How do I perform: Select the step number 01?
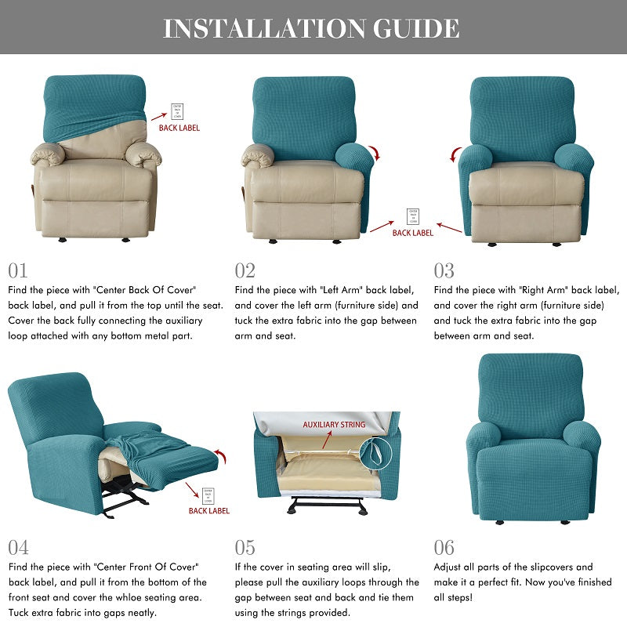point(18,270)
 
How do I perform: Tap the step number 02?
point(245,270)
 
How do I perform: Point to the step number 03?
point(444,270)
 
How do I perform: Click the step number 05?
point(245,547)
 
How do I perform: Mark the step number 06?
point(444,547)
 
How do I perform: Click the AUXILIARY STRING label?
point(334,425)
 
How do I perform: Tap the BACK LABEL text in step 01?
point(179,128)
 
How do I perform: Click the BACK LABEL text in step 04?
point(209,511)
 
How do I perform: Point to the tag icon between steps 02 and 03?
point(412,216)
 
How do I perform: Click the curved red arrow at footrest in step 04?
point(222,456)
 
